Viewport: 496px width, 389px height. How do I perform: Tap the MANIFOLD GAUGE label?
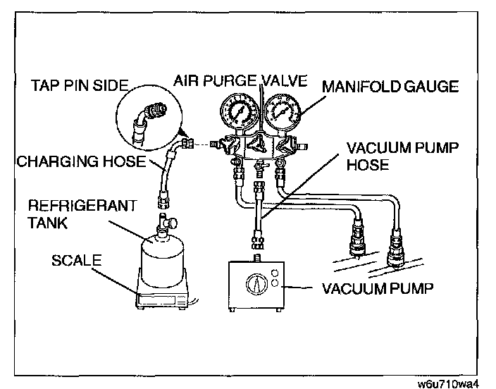pos(390,87)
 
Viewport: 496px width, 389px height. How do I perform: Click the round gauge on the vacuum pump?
pos(255,285)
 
